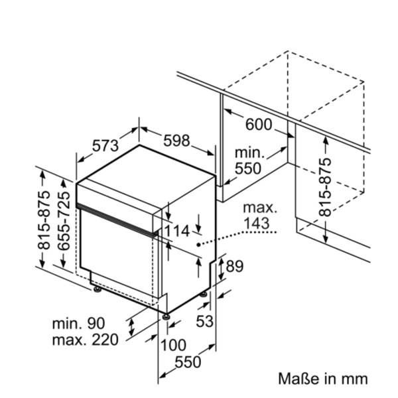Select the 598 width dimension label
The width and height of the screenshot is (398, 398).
point(176,141)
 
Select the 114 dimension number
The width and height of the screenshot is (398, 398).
point(176,231)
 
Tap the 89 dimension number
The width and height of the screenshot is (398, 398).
point(235,267)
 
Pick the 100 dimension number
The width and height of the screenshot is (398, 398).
point(174,345)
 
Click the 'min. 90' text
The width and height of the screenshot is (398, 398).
point(79,324)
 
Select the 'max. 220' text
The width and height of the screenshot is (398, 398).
point(84,340)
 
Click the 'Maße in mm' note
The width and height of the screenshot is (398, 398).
point(322,379)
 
